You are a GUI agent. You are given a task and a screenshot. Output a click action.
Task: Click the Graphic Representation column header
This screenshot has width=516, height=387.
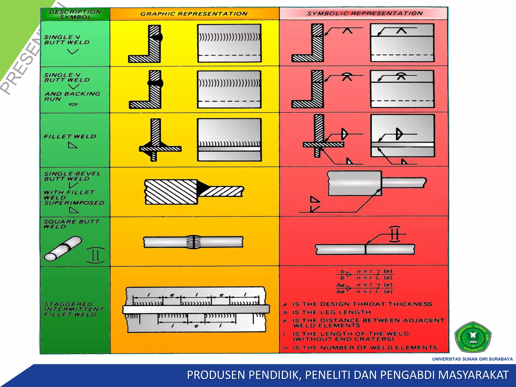194,14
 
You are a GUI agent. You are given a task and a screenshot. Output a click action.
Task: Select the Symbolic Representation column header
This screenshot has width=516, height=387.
365,13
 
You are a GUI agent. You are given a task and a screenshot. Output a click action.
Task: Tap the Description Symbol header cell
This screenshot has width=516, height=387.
75,14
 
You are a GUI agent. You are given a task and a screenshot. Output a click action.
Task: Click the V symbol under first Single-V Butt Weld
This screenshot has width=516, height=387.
73,51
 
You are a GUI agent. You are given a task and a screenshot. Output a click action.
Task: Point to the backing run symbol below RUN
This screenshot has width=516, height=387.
73,104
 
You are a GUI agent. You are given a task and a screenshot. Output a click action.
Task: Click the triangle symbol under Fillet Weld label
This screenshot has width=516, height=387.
72,145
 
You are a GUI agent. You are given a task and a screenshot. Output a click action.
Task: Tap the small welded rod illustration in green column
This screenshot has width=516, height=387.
63,248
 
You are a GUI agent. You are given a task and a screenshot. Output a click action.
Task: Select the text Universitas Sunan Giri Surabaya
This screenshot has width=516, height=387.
472,359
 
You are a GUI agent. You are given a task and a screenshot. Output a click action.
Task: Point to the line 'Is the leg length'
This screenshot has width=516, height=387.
331,312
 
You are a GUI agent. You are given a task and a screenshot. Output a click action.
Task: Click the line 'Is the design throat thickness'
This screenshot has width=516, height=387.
362,304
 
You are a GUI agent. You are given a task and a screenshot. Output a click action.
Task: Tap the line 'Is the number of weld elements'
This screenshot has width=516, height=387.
365,348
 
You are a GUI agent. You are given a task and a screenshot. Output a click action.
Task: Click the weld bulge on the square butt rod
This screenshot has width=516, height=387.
193,242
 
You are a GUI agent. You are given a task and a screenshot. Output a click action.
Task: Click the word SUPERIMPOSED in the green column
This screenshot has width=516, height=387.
74,203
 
